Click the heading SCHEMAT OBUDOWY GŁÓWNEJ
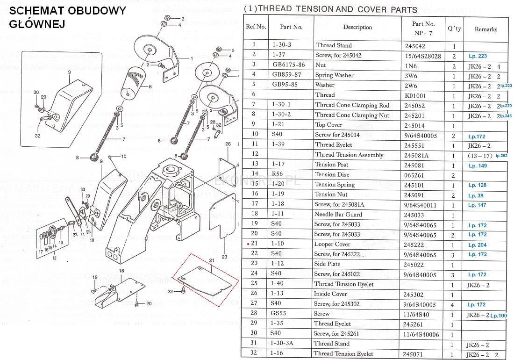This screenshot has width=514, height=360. (67, 17)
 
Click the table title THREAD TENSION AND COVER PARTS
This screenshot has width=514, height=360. (330, 9)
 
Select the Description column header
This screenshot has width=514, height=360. (357, 27)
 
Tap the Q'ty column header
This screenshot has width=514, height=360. (454, 29)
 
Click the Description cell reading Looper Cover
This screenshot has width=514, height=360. (332, 244)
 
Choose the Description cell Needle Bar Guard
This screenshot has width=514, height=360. (338, 214)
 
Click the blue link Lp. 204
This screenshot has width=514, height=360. (477, 245)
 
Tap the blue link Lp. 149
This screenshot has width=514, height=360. (477, 166)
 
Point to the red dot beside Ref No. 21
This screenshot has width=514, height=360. (247, 244)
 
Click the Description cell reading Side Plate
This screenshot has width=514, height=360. (328, 264)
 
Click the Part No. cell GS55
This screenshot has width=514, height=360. (278, 314)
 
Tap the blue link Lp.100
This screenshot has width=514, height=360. (499, 316)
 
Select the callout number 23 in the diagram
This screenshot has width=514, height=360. (225, 257)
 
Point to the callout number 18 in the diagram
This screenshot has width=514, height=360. (121, 271)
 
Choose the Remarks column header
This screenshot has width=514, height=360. (486, 29)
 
